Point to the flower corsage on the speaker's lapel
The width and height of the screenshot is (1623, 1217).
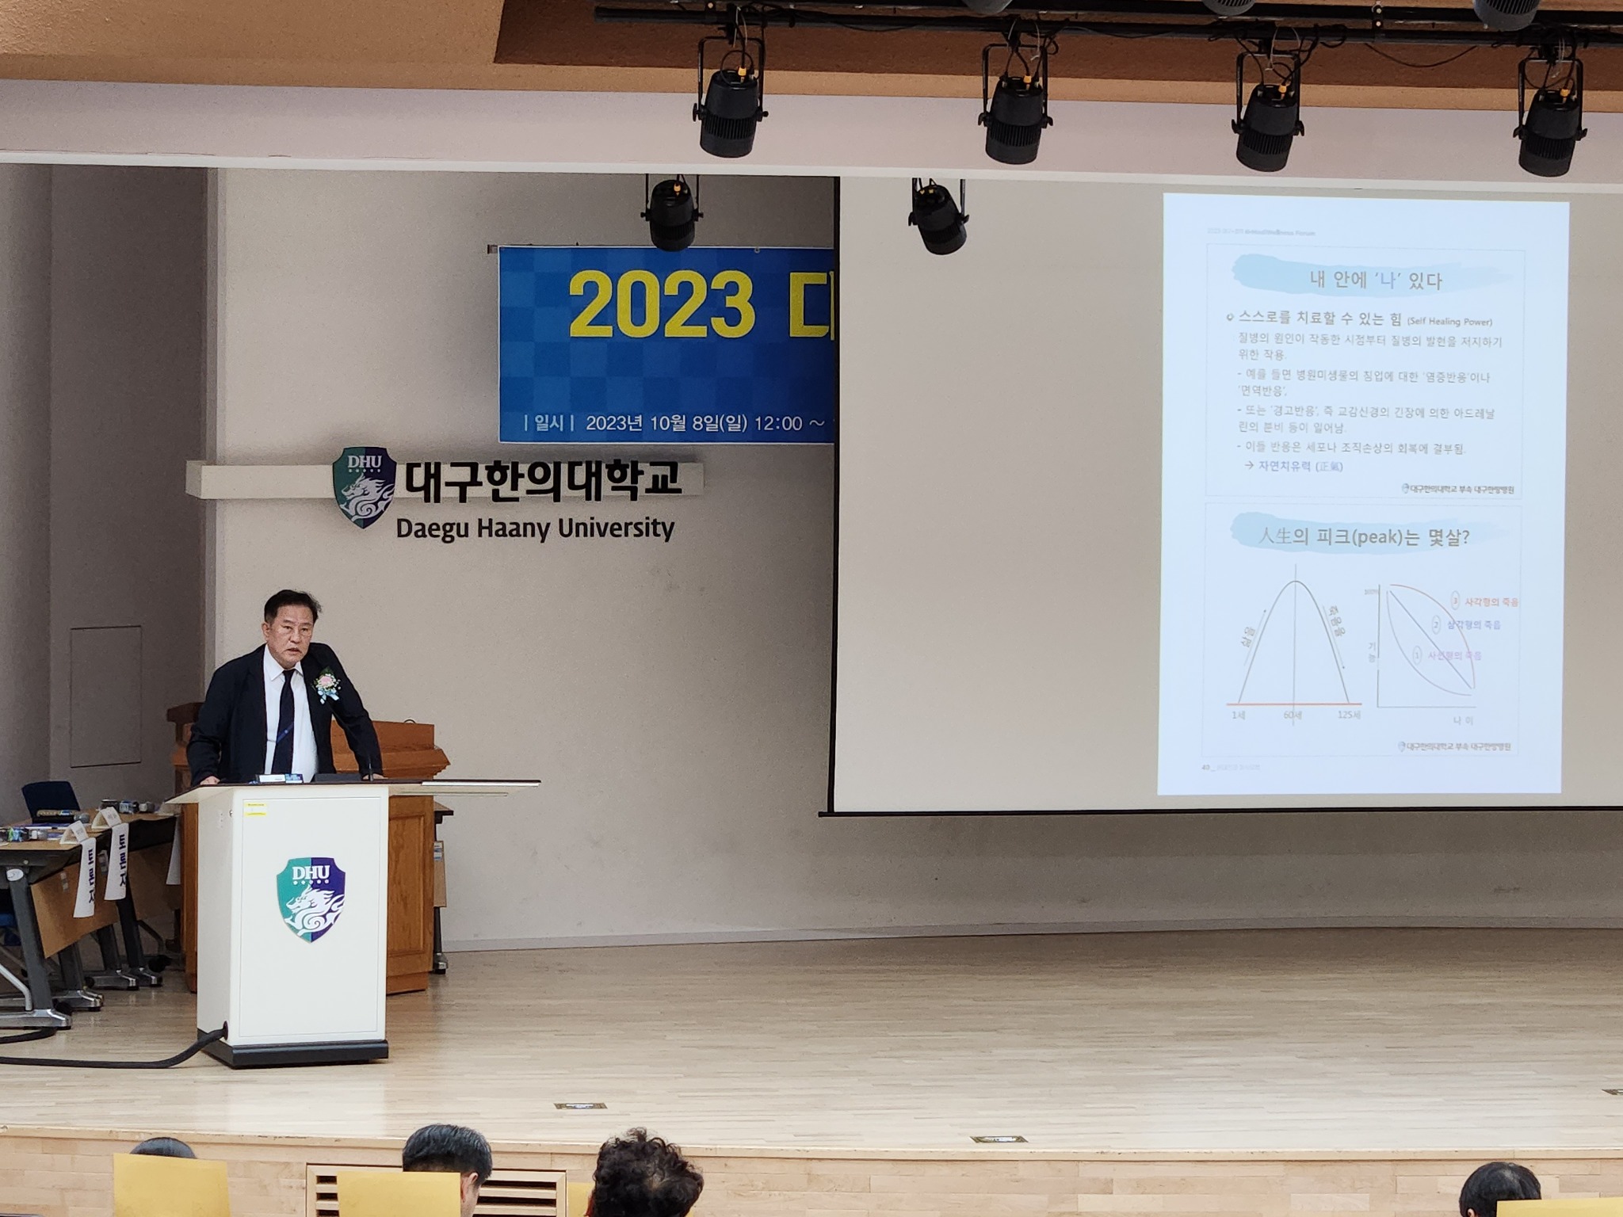[327, 683]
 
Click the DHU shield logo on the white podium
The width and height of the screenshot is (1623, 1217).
[311, 898]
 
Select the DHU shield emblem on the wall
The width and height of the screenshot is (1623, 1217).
[365, 485]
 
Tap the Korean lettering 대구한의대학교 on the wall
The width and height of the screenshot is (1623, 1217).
[542, 479]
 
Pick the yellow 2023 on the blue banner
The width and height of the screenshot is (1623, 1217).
[661, 304]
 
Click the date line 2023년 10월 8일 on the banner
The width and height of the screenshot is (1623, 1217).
[666, 423]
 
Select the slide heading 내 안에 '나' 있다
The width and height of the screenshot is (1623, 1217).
[1374, 280]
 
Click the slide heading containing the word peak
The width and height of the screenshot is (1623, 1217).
[1363, 536]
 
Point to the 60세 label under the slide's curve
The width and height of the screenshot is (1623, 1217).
[1293, 715]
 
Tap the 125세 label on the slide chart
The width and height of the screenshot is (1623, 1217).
[1349, 715]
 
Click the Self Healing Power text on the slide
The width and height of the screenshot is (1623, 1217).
[1449, 322]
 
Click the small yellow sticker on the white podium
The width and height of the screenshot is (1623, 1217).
[255, 807]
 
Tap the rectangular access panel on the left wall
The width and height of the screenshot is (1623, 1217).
[105, 696]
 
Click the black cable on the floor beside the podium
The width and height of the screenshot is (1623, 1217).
[119, 1058]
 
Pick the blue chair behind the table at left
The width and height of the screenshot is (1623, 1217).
[50, 800]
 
